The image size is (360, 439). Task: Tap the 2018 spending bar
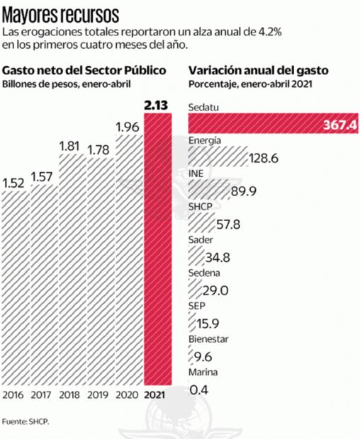69,269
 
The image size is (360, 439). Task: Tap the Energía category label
205,140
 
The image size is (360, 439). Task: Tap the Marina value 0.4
200,389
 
